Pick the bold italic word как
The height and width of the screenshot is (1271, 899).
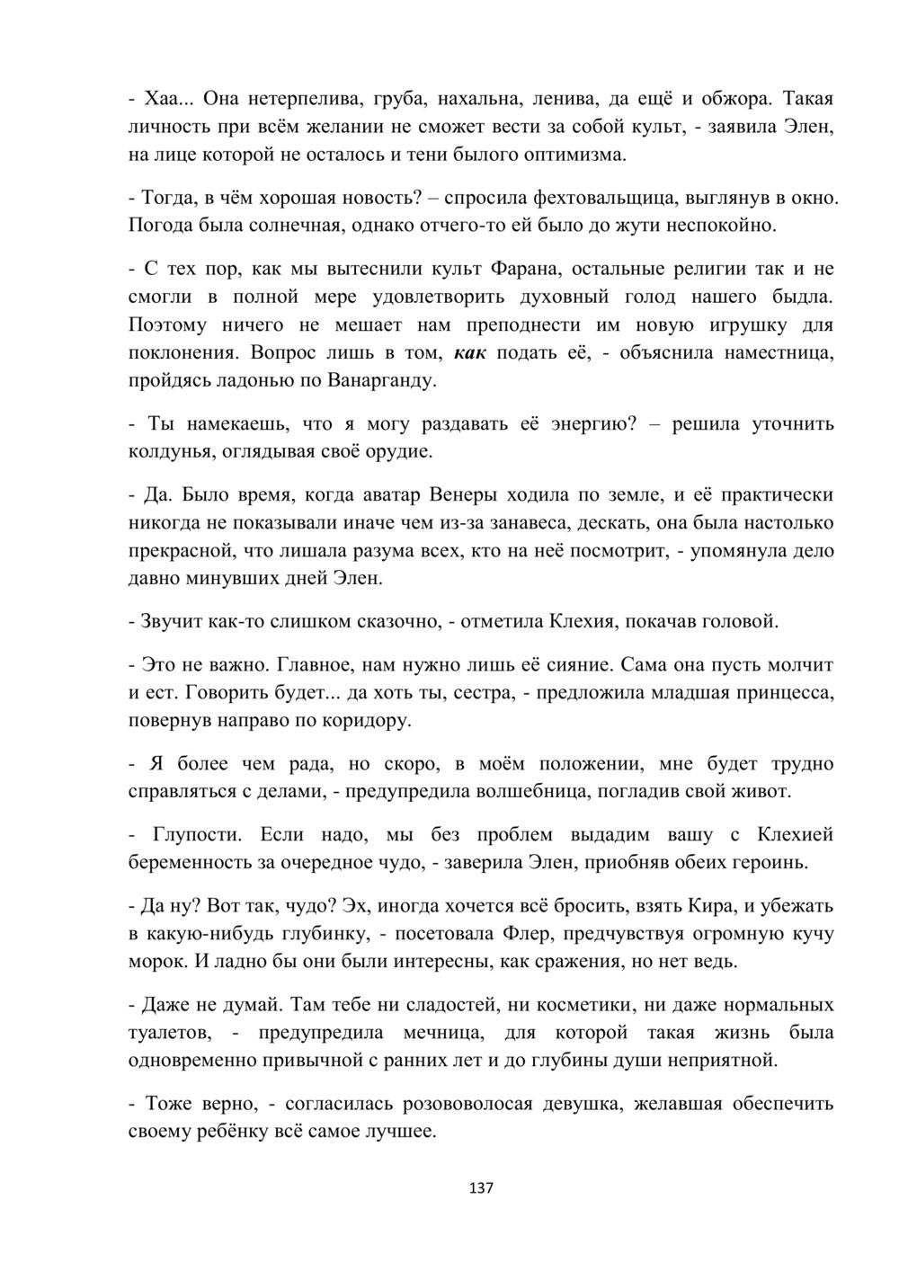point(471,352)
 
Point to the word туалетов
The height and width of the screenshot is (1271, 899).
point(170,1032)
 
